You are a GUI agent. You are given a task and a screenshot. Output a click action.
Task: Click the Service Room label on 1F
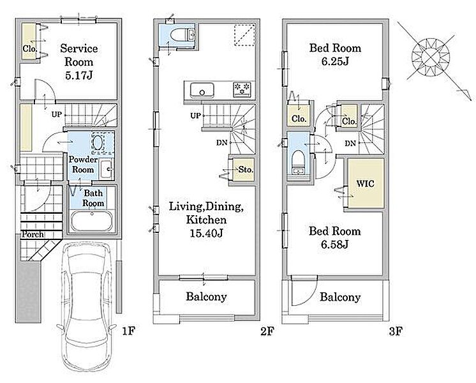tap(78, 55)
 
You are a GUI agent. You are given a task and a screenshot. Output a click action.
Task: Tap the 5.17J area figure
tap(78, 75)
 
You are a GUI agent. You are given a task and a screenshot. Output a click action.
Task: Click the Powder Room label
tap(83, 164)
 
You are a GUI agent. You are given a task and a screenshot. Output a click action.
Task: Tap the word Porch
tap(32, 234)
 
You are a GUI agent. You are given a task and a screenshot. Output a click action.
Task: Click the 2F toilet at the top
tap(182, 35)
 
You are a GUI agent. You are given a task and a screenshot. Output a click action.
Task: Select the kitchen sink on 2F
tap(202, 91)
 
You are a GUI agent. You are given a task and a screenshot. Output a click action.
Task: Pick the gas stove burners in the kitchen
tap(242, 89)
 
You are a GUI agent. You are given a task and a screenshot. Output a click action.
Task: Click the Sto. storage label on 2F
tap(245, 170)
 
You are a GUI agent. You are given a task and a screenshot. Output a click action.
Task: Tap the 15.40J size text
tap(206, 233)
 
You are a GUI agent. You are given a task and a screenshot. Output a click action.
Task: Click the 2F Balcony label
tap(207, 296)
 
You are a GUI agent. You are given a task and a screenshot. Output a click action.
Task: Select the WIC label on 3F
tap(365, 183)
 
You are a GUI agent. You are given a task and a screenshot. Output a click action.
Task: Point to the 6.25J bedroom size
tap(335, 62)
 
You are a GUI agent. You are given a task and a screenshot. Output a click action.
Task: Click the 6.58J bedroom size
tap(334, 244)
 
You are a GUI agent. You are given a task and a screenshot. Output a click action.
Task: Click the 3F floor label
tap(396, 331)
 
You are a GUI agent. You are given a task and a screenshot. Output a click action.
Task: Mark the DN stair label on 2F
tap(221, 142)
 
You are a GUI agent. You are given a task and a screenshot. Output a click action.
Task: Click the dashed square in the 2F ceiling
tap(244, 35)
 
